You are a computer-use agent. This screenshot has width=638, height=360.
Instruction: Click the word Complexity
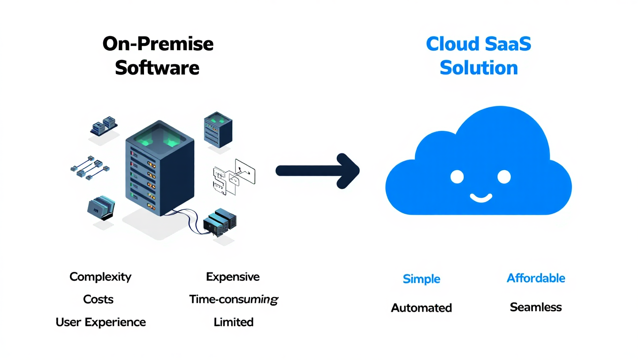[x=100, y=277]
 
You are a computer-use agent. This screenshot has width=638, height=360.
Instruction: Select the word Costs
[x=99, y=300]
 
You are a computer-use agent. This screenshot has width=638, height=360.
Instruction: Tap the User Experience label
[x=101, y=322]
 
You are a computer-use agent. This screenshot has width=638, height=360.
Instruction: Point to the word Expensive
[x=233, y=277]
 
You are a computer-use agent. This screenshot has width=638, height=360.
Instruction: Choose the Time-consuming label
[x=234, y=300]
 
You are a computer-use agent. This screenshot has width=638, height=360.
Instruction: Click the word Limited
[x=234, y=322]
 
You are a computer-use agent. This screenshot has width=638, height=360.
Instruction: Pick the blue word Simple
[x=421, y=279]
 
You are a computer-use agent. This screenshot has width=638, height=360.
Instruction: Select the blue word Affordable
[x=536, y=278]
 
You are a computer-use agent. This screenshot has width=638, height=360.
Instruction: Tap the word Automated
[x=421, y=308]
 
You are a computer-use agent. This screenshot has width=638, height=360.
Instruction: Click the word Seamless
[x=536, y=307]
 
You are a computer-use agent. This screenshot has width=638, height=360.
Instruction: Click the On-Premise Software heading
[x=158, y=56]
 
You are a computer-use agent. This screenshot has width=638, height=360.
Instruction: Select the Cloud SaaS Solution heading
[x=478, y=56]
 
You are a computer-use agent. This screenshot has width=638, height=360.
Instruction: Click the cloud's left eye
[x=457, y=177]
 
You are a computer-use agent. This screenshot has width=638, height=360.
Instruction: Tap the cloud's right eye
[x=504, y=177]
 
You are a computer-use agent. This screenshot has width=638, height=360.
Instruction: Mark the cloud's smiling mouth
[x=480, y=197]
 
